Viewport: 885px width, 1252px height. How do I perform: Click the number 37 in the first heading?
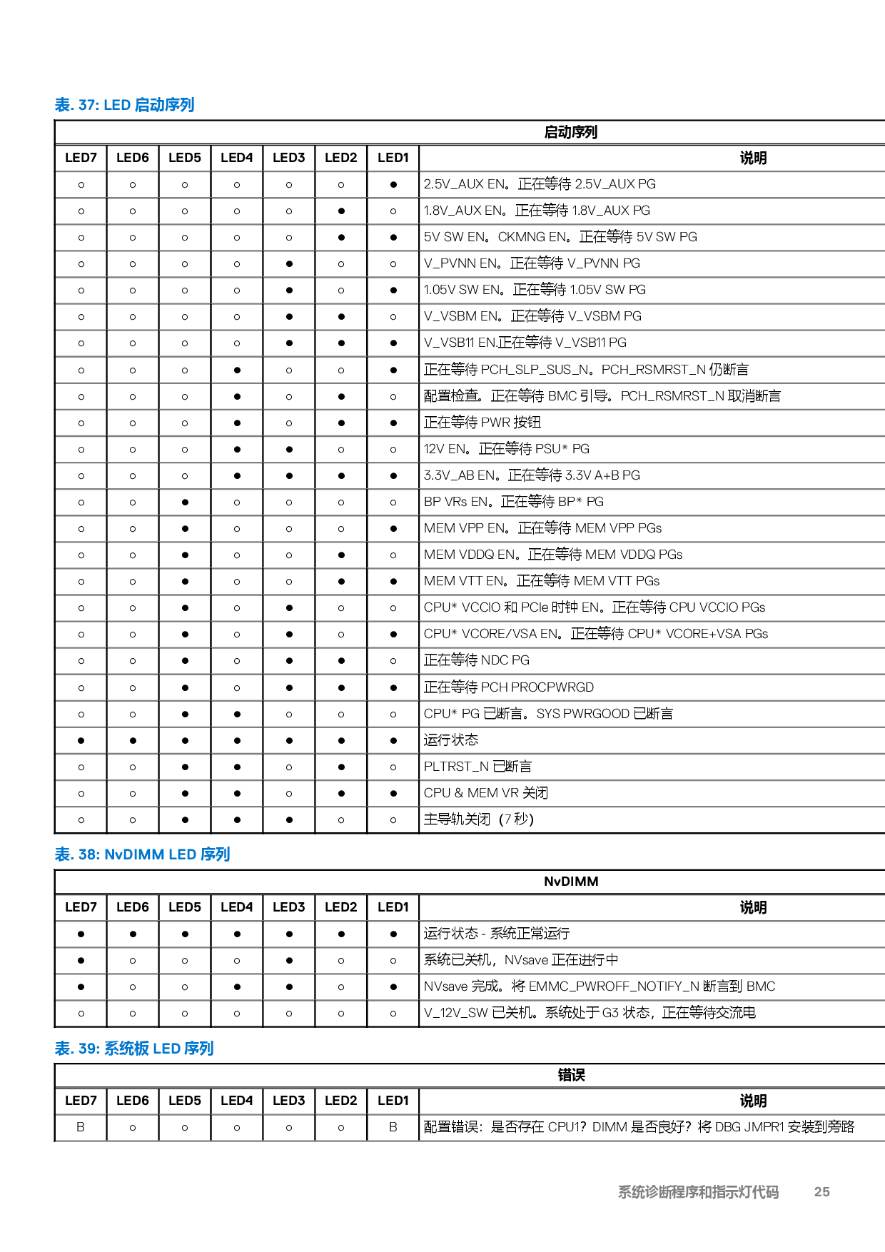coord(88,105)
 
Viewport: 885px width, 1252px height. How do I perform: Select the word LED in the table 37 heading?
coord(117,105)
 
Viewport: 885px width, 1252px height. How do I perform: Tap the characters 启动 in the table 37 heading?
coord(149,105)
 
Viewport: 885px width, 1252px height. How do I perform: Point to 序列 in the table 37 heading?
coord(180,105)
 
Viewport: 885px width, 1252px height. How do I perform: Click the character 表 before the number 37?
coord(63,105)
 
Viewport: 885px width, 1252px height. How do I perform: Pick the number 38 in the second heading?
coord(88,854)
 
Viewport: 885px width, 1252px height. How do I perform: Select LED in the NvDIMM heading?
coord(182,854)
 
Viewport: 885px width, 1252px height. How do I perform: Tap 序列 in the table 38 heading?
coord(216,854)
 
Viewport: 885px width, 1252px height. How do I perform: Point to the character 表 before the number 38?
coord(63,854)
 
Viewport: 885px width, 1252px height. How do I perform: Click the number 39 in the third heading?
coord(88,1049)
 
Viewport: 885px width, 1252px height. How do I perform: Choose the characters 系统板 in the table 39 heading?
coord(126,1049)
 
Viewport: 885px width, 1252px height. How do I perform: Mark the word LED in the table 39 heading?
coord(166,1049)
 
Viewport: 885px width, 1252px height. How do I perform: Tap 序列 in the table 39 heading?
coord(199,1049)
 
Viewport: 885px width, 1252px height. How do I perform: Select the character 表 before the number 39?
coord(63,1049)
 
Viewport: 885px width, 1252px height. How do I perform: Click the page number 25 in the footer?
coord(821,1192)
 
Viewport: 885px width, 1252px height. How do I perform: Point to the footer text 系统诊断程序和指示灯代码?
coord(698,1192)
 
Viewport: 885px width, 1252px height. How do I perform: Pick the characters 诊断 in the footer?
coord(657,1192)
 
